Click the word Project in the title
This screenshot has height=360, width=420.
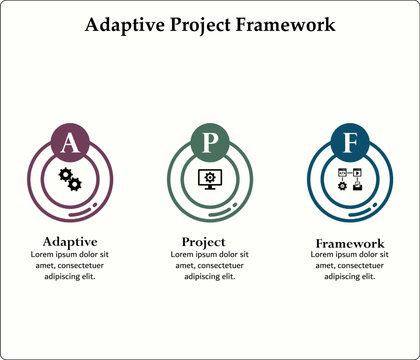click(x=206, y=23)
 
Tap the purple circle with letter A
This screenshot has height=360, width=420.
click(x=69, y=143)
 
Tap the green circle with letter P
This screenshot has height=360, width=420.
click(x=209, y=143)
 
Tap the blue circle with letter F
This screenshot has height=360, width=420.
click(x=350, y=144)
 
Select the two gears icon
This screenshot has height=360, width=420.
click(x=69, y=180)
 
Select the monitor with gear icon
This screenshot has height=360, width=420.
click(x=209, y=180)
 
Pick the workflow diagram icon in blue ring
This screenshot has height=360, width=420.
click(x=350, y=181)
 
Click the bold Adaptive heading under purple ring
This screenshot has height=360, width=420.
click(x=69, y=241)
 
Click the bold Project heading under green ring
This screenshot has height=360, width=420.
click(x=203, y=241)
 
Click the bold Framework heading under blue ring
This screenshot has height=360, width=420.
click(x=350, y=243)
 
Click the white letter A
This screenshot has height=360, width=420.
click(x=69, y=143)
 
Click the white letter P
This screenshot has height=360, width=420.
click(x=209, y=143)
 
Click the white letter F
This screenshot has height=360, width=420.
click(x=350, y=144)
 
